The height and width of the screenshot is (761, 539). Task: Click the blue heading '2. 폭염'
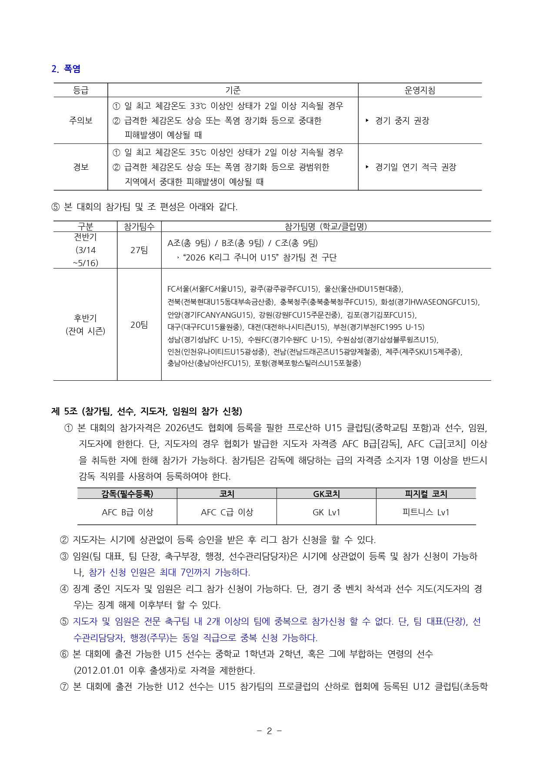[x=66, y=69]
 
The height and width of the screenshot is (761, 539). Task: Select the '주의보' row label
[x=81, y=120]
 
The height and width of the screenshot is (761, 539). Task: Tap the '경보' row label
[x=81, y=167]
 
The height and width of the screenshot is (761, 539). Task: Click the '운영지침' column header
[x=419, y=90]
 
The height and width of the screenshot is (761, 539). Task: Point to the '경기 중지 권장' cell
[x=402, y=121]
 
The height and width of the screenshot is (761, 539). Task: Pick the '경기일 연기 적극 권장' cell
[x=415, y=167]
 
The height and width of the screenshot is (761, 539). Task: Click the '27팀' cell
[x=139, y=250]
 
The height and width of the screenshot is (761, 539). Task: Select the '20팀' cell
[x=139, y=325]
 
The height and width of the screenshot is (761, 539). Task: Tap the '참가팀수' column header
[x=139, y=226]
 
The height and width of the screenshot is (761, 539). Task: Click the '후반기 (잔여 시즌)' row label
[x=85, y=325]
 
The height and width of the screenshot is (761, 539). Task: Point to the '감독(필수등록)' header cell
[x=127, y=494]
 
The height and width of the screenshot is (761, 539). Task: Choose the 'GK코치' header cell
[x=326, y=494]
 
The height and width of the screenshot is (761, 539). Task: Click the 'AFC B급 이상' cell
[x=127, y=512]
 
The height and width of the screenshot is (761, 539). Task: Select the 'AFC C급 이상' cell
[x=227, y=512]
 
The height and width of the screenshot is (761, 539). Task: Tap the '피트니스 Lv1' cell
[x=426, y=512]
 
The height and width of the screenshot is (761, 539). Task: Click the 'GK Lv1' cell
[x=326, y=512]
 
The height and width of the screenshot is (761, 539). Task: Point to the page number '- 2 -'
[x=269, y=731]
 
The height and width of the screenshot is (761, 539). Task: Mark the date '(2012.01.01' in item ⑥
[x=99, y=670]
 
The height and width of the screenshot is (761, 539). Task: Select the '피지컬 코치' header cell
[x=426, y=494]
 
